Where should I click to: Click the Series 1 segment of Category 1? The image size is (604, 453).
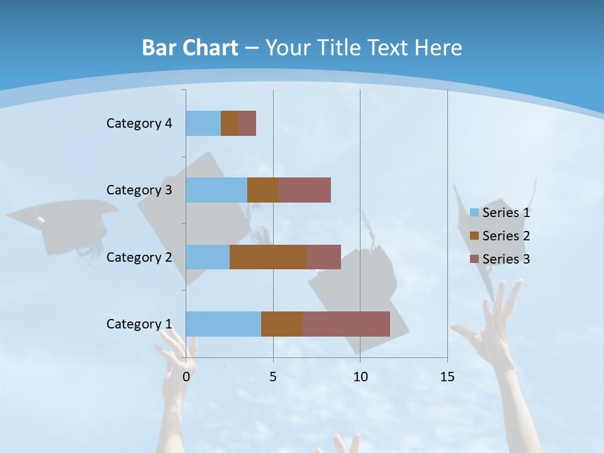[223, 323]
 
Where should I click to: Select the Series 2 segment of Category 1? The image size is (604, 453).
[282, 323]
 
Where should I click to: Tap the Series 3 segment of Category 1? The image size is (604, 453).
[346, 323]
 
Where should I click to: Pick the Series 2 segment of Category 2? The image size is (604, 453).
[268, 257]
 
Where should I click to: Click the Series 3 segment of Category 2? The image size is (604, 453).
[323, 257]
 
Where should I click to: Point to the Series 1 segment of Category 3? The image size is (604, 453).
[216, 190]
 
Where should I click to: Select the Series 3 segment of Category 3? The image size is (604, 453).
[305, 190]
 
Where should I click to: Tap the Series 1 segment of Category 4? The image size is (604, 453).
[203, 123]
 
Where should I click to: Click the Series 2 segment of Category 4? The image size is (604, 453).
[230, 123]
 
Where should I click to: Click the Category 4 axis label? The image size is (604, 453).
[139, 123]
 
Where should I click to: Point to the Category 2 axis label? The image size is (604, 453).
[139, 257]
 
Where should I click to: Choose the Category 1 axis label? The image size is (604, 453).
[139, 323]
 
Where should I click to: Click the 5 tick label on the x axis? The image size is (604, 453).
[273, 377]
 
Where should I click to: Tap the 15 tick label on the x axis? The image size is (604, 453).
[447, 377]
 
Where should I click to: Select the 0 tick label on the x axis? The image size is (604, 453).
[186, 377]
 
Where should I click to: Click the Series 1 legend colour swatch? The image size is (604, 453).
[474, 213]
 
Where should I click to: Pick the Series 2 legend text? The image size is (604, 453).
[506, 236]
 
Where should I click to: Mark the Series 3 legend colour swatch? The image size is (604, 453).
[474, 259]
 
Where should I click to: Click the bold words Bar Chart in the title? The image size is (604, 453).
[190, 48]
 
